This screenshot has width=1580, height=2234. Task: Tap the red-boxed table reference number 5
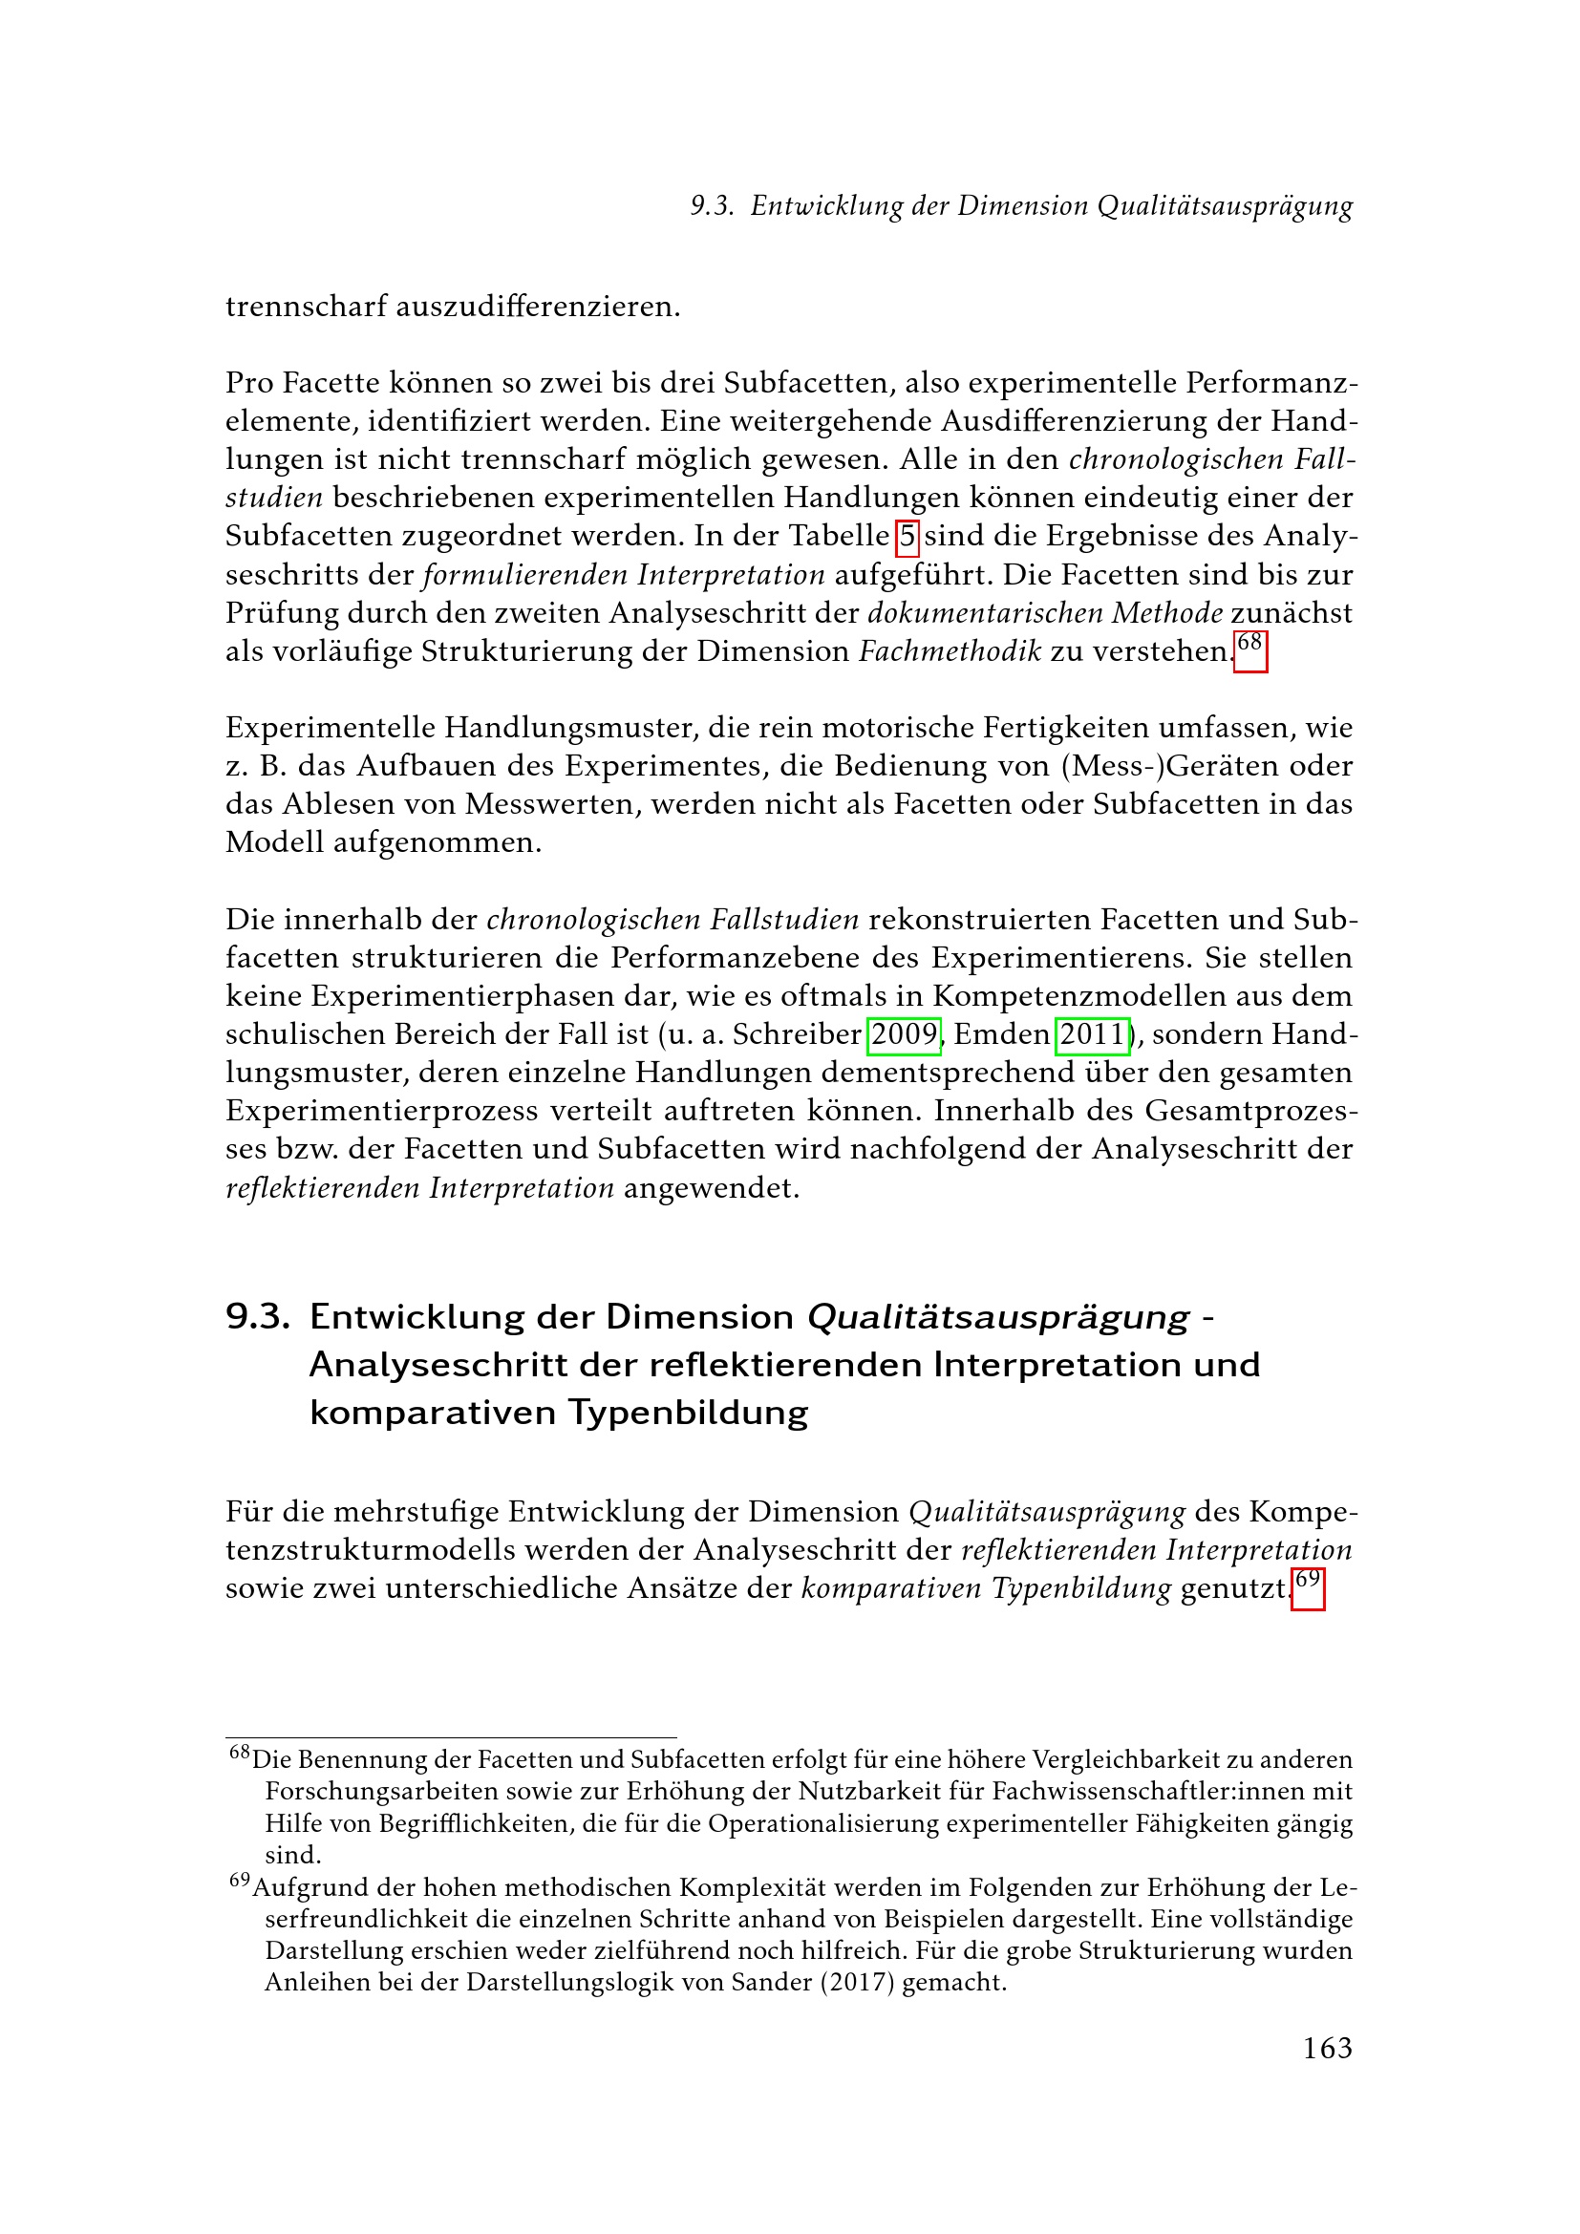pos(907,536)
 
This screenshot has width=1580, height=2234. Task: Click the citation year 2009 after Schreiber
pos(904,1034)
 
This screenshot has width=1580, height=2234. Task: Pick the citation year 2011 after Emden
pos(1093,1034)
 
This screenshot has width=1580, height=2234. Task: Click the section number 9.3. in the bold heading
pos(258,1317)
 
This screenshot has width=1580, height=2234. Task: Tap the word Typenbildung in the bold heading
pos(688,1413)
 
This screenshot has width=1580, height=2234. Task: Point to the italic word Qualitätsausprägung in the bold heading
pos(998,1317)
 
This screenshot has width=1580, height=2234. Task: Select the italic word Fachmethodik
pos(950,651)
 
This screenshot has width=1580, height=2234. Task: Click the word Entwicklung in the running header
pos(826,206)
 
